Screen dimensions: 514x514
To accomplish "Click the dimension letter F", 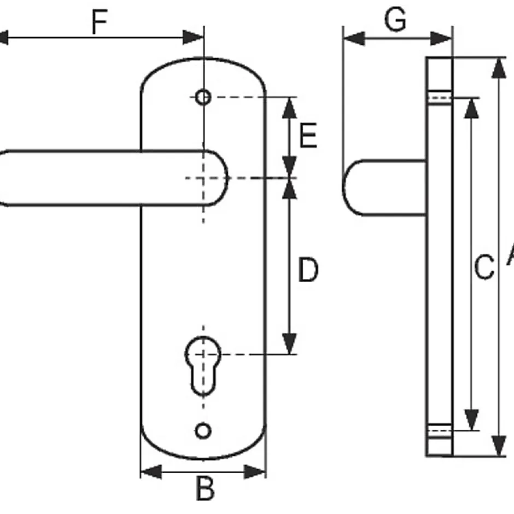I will click(x=98, y=23).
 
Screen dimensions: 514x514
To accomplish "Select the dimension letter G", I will click(x=395, y=20).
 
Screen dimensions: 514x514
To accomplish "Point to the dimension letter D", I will click(x=308, y=270).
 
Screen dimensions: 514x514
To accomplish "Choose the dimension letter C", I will click(x=483, y=268).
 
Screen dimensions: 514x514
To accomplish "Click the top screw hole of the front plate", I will click(x=203, y=97).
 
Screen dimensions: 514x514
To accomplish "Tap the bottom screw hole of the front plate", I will click(x=203, y=431).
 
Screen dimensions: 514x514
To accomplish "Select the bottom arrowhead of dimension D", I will click(x=290, y=344).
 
